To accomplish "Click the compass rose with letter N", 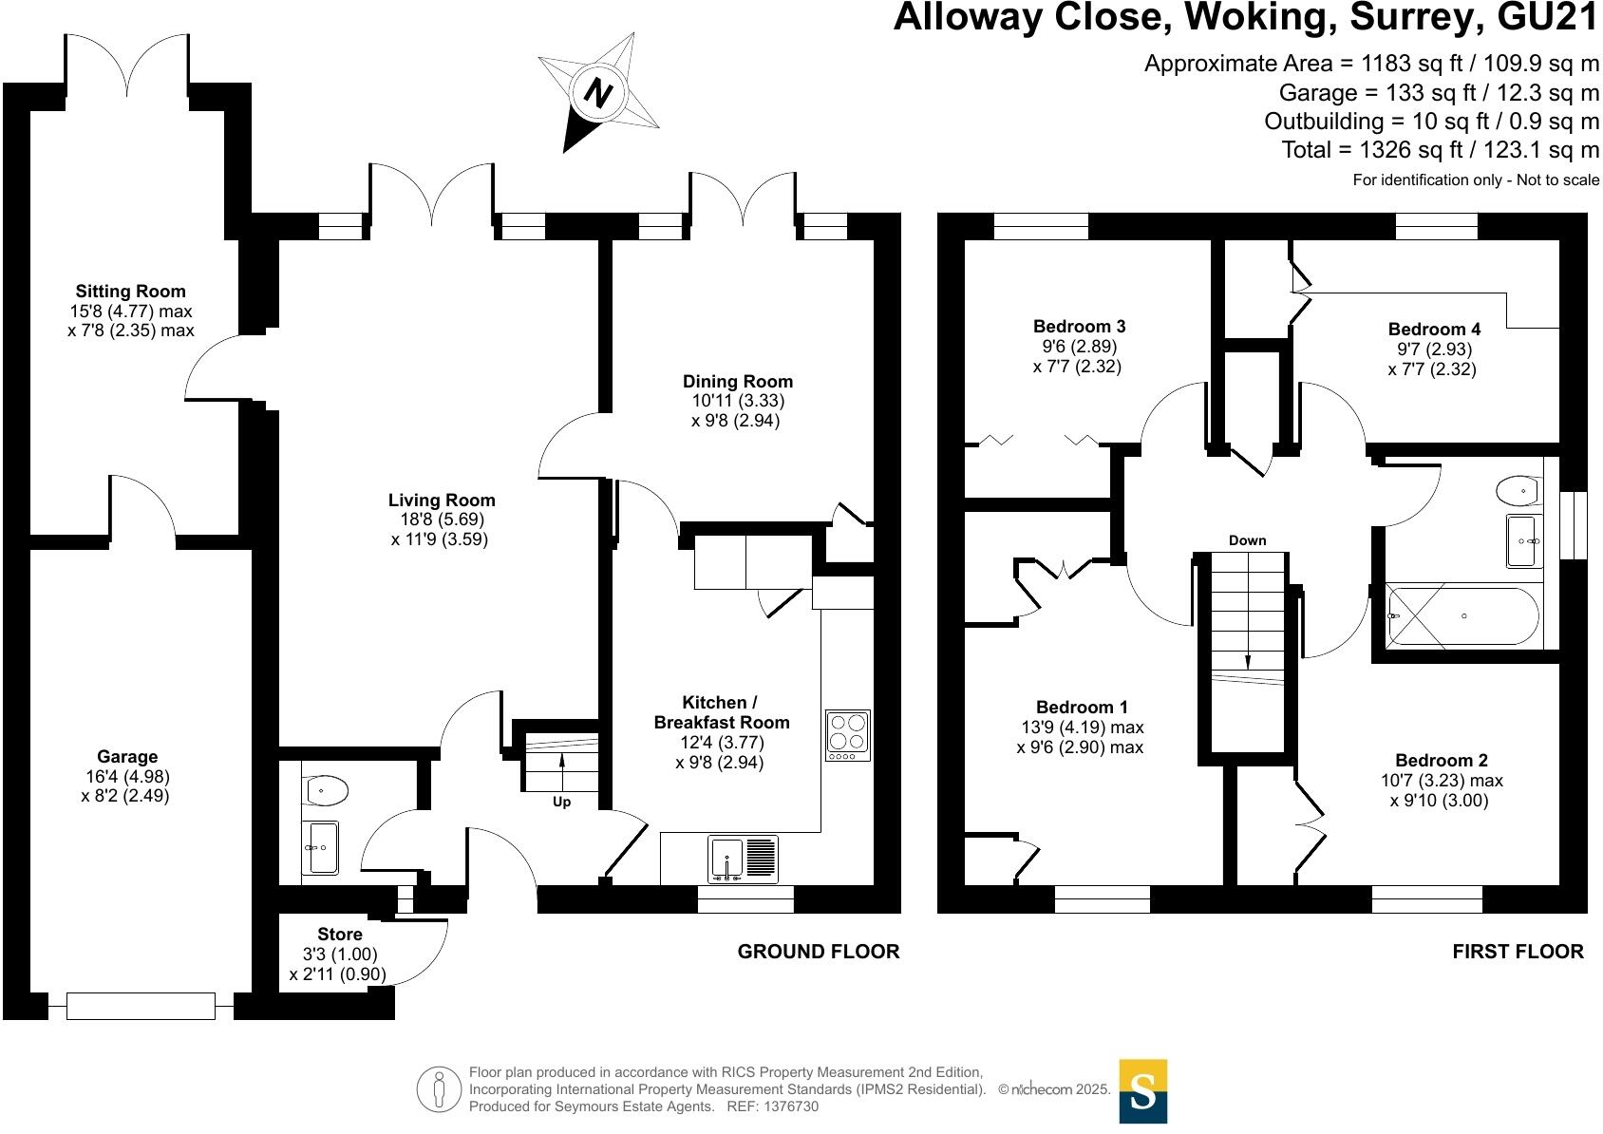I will tap(598, 93).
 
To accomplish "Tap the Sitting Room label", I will tap(130, 292).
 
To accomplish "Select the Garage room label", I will tap(126, 757).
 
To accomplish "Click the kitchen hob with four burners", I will tap(848, 734).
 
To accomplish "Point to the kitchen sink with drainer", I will tap(744, 860).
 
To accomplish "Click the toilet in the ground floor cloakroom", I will tap(326, 789).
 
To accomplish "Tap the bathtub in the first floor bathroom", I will tap(1462, 616).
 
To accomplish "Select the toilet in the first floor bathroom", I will tap(1518, 491).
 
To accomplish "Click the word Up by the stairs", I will tap(561, 803).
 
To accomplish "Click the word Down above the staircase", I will tap(1247, 540).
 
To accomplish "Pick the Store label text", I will tap(339, 935).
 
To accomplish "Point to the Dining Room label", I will tap(737, 382).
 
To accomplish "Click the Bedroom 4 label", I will tap(1433, 330).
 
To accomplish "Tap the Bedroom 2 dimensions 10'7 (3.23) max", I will tap(1441, 781).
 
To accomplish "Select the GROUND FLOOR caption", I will tap(818, 952).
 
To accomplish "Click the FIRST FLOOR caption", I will tap(1517, 952).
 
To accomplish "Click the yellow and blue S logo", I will tap(1142, 1091).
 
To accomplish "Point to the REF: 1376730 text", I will tap(772, 1106).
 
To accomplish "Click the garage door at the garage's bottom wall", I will tap(141, 1005).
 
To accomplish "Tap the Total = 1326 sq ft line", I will tap(1440, 150).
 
